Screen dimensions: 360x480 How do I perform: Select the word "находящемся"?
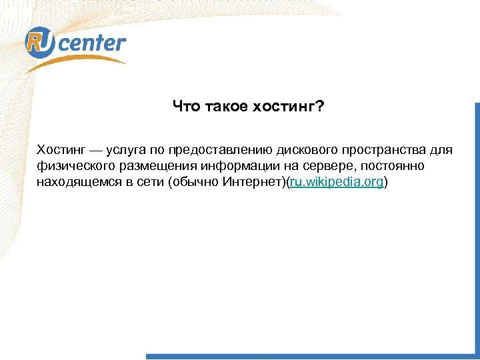point(75,182)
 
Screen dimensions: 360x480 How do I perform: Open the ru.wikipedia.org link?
point(336,182)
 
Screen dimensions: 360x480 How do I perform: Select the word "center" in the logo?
point(93,45)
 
